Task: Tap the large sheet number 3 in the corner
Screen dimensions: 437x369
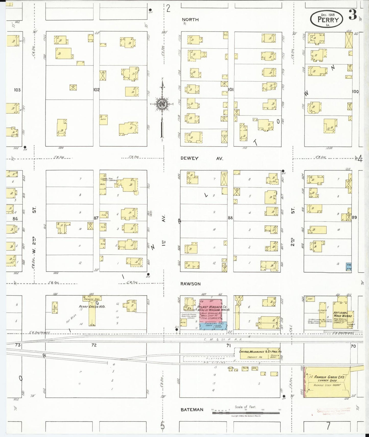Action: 353,15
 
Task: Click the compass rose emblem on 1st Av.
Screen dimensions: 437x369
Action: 162,103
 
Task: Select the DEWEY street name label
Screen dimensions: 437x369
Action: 189,158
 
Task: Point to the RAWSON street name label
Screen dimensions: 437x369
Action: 191,284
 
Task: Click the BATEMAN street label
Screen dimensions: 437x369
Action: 192,410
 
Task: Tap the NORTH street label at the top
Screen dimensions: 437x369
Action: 190,20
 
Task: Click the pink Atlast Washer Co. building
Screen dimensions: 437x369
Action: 210,310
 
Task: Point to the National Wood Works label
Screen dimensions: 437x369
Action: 341,314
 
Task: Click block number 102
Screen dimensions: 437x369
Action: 96,90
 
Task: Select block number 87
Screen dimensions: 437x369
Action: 96,218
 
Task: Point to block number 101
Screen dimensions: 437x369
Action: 231,89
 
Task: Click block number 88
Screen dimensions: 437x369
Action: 230,218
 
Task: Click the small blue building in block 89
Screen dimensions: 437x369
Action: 349,267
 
